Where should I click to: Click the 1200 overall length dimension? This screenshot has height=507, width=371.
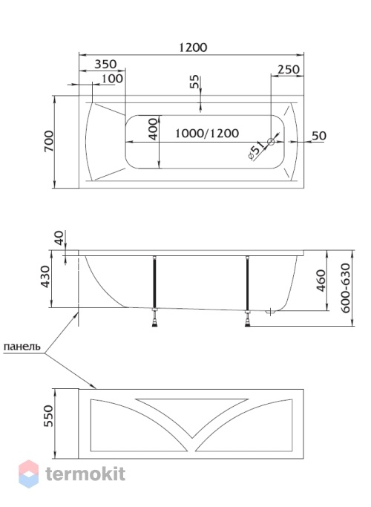(193, 48)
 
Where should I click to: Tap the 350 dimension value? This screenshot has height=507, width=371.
(105, 64)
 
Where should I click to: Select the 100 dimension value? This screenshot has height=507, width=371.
(112, 79)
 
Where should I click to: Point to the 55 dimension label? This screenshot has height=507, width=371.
(194, 82)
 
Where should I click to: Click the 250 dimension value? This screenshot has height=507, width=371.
(289, 69)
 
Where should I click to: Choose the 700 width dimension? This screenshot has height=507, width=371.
(49, 141)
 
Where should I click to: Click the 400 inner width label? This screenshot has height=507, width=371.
(154, 129)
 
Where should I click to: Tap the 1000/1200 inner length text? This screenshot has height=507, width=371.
(207, 133)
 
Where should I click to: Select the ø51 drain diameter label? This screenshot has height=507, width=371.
(257, 151)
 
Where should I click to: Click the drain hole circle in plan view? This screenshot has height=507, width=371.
(271, 141)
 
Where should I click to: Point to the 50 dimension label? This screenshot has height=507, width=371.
(319, 136)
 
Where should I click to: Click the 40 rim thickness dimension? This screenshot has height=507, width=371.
(59, 238)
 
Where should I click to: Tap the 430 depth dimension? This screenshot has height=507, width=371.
(45, 277)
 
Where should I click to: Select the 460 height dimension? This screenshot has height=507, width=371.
(321, 281)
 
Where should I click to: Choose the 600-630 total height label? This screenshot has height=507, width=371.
(345, 288)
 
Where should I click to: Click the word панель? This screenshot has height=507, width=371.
(22, 347)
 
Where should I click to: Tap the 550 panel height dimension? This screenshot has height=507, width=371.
(47, 416)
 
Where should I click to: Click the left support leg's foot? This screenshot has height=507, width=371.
(155, 321)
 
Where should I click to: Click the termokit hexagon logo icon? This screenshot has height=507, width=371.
(29, 474)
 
